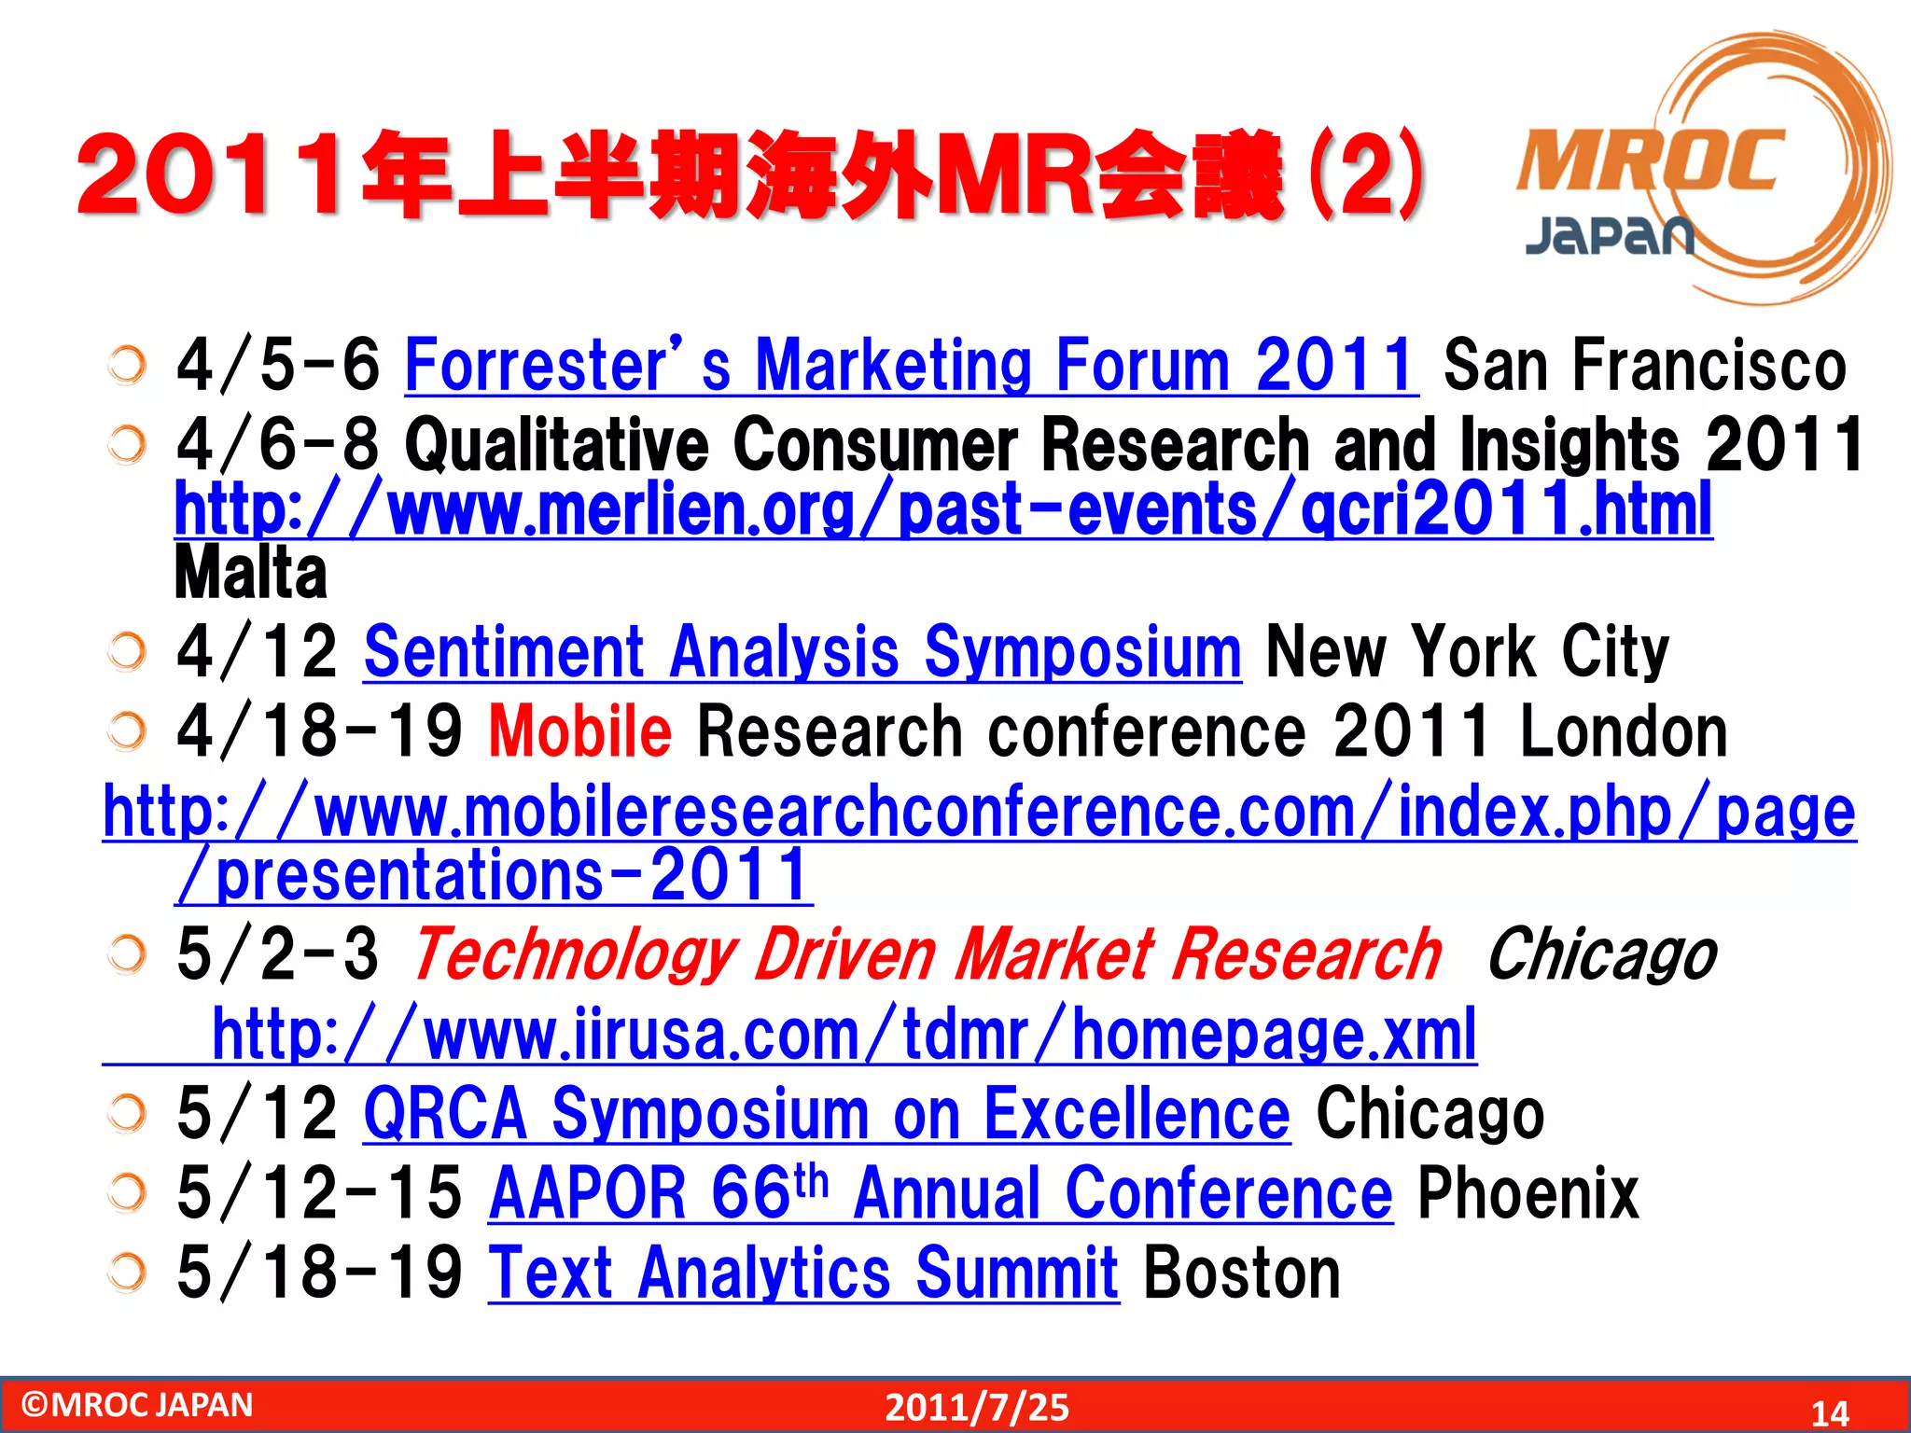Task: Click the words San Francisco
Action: (1644, 366)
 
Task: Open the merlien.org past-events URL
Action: (942, 509)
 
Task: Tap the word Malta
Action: (251, 573)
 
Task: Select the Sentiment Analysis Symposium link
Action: (802, 652)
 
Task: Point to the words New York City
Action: (1466, 652)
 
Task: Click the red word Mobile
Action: (579, 731)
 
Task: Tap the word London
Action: (1623, 731)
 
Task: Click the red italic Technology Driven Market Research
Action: (927, 955)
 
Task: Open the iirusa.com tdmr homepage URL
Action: (844, 1035)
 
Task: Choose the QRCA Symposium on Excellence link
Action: (827, 1114)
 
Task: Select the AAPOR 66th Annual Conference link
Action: (940, 1193)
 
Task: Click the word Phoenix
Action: (1527, 1193)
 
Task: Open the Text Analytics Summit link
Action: (802, 1273)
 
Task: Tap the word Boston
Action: (1241, 1273)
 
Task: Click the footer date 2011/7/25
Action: (977, 1407)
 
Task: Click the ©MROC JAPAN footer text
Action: (137, 1405)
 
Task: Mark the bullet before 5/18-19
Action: (126, 1271)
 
